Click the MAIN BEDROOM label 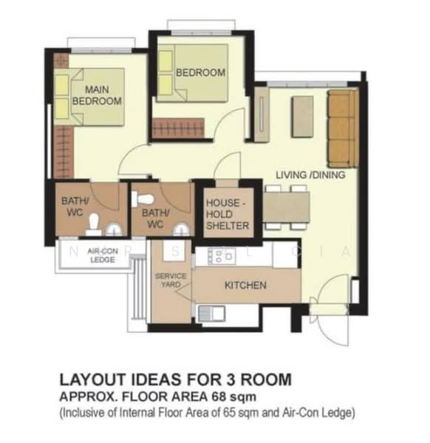97,95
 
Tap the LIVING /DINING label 310,175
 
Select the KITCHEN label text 245,285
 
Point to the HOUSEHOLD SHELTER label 228,214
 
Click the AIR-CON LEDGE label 103,255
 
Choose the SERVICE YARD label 171,280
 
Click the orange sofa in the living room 343,128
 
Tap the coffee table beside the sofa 302,117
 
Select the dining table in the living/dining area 287,207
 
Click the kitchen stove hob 222,256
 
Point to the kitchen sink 211,313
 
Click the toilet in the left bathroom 94,224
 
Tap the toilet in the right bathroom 143,199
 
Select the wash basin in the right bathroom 181,229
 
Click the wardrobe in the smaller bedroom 178,128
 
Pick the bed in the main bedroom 89,97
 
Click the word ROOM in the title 266,380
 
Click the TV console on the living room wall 262,114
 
